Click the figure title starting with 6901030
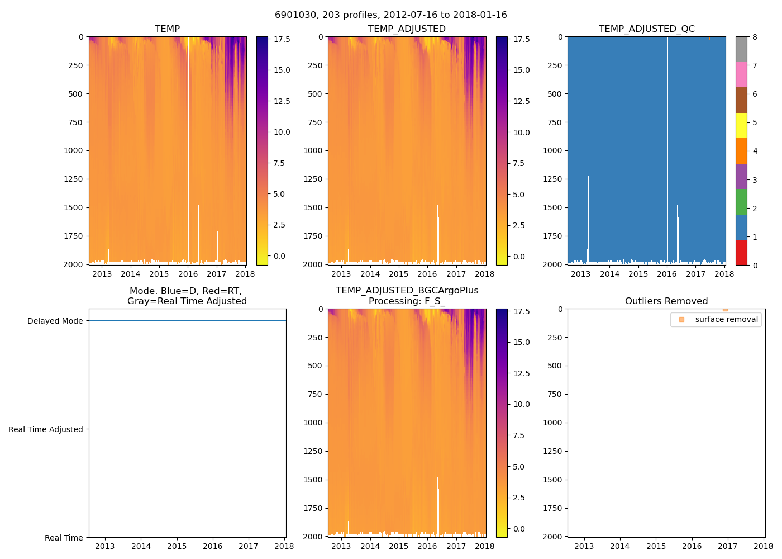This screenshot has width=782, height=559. point(390,15)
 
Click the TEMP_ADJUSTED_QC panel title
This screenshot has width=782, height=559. point(646,29)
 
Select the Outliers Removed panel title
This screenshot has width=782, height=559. point(666,301)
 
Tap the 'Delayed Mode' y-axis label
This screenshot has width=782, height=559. point(55,321)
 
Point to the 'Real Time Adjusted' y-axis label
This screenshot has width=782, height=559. point(45,429)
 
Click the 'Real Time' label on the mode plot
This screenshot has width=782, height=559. point(64,538)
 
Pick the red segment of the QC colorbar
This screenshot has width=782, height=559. point(741,253)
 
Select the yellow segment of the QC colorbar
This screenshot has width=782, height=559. point(741,126)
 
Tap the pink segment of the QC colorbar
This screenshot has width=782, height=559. point(741,75)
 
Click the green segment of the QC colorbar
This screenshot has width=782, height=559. point(741,202)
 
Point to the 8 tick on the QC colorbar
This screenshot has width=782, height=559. point(755,37)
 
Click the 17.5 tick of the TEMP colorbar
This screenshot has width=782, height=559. point(282,39)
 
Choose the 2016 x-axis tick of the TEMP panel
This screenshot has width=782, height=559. point(188,274)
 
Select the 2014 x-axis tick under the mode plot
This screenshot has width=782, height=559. point(141,546)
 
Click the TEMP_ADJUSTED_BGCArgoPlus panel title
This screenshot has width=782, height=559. point(407,296)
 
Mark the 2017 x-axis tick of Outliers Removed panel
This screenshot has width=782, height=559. point(727,546)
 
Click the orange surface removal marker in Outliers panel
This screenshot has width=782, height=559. point(725,310)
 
